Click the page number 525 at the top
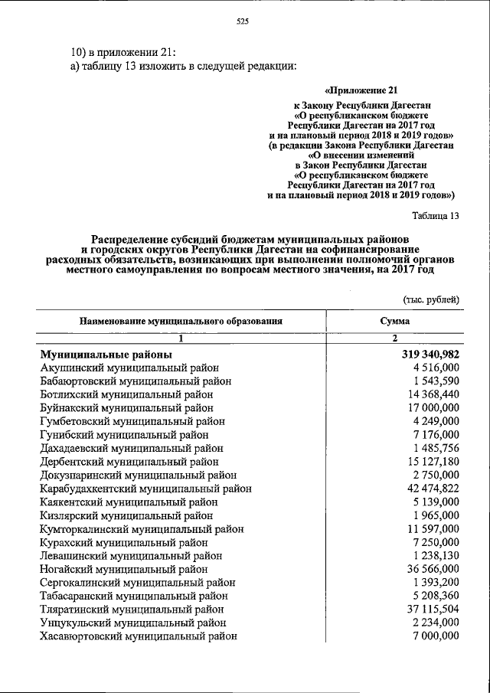[245, 21]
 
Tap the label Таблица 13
[434, 215]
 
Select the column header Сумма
[394, 322]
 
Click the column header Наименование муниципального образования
[181, 322]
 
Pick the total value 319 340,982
[430, 355]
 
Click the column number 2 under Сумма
[394, 338]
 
